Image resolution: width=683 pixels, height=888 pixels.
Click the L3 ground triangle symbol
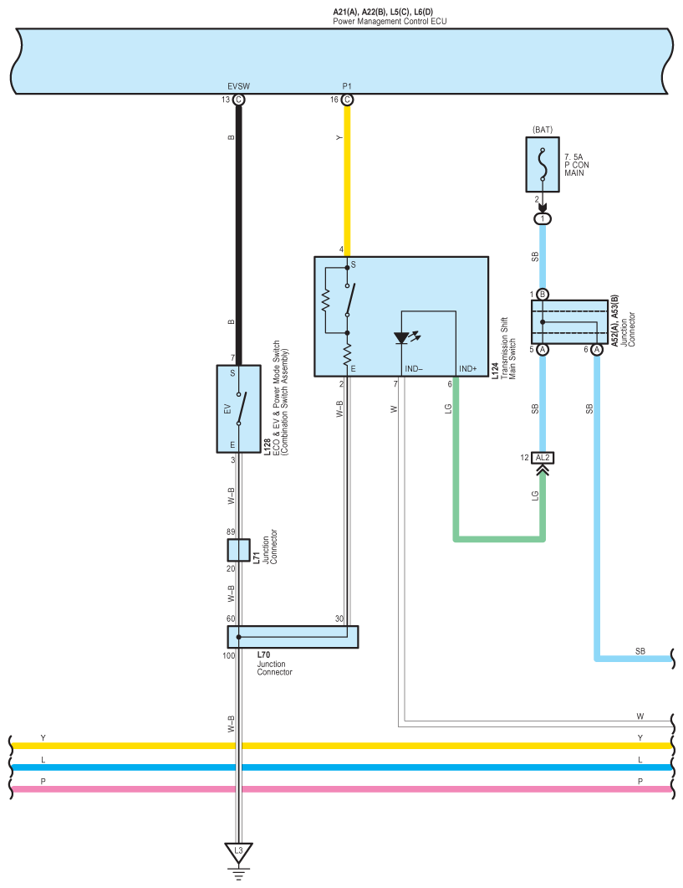point(238,851)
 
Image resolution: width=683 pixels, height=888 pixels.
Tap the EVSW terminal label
point(238,86)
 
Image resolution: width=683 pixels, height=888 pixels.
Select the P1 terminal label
point(347,86)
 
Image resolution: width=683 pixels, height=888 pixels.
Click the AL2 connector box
point(543,457)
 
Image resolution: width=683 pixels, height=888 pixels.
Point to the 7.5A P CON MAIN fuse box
point(543,164)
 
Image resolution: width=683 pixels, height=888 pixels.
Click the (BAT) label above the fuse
point(543,130)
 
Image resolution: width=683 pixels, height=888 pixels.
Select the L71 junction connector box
point(238,550)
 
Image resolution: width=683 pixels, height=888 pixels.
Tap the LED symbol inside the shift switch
point(401,338)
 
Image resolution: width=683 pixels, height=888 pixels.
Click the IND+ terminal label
point(468,369)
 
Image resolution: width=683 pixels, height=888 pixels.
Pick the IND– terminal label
point(414,369)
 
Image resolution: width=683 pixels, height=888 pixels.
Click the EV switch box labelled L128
point(238,408)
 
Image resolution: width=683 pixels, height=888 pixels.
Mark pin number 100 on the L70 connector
point(228,655)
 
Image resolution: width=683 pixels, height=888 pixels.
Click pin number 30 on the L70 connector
point(339,619)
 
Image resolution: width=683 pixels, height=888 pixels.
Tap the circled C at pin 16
point(348,100)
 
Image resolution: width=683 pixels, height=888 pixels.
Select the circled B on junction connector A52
point(543,295)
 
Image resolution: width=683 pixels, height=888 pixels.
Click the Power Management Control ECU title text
point(390,20)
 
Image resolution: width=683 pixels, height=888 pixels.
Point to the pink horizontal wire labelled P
point(334,789)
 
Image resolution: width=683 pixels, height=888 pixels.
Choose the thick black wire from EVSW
point(238,234)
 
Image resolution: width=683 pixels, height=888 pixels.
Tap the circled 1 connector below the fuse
point(543,219)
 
